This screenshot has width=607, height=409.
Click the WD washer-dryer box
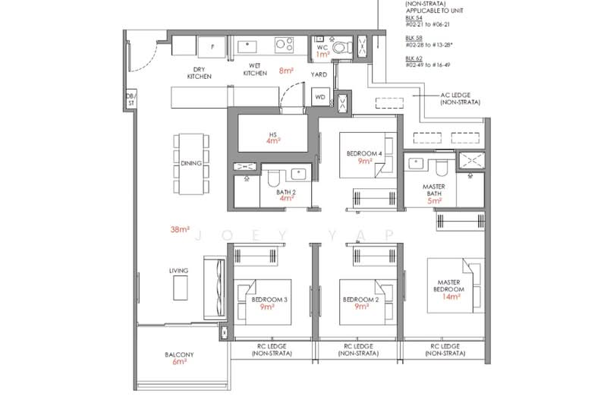(320, 97)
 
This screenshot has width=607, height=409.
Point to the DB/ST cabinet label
(130, 98)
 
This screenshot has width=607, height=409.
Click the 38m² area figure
(180, 229)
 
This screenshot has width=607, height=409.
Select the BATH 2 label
(285, 193)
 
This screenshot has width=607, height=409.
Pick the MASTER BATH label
(434, 190)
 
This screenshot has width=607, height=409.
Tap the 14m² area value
(451, 298)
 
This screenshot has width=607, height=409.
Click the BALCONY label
(179, 355)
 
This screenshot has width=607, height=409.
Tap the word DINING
(190, 163)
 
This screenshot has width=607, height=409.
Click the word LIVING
(179, 270)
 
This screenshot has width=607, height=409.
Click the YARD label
(319, 75)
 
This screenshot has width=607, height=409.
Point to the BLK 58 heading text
(413, 37)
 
